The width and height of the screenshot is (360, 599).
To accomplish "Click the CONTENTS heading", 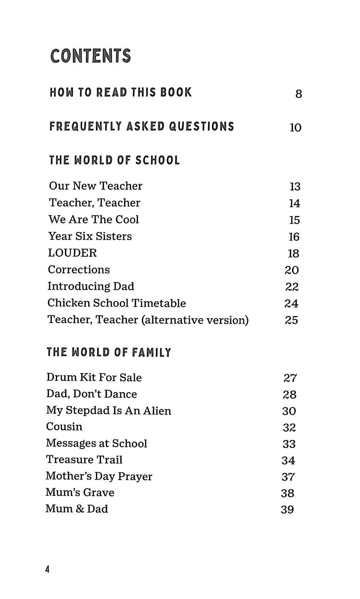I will pos(91,56).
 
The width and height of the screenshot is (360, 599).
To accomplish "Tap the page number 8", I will pos(299,94).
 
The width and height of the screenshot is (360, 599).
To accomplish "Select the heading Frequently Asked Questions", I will pos(141,126).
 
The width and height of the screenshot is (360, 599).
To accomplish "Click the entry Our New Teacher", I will pos(96,186).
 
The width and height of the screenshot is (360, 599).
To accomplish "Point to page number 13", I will pos(295,187).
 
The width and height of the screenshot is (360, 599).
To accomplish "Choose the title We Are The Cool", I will pos(94,219).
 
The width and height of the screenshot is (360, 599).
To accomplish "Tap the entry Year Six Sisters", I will pos(90,236).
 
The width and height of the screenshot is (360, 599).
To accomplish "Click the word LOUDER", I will pos(72,253).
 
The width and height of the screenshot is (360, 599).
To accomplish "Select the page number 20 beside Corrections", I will pos(292,270).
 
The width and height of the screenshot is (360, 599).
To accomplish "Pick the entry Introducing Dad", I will pos(91,286).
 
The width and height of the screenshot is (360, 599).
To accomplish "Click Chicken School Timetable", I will pos(116,303).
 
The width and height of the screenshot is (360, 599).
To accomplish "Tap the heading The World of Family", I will pos(109,352).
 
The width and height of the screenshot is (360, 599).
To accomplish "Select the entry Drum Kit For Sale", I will pos(94,377).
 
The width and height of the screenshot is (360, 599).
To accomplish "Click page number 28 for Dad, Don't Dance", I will pos(289,395).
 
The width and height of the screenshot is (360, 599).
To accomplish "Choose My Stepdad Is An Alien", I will pos(109,411).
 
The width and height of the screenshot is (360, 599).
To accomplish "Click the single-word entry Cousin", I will pos(64,427).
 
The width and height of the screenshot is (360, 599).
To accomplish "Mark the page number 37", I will pos(288,477).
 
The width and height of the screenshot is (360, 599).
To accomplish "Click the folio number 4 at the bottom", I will pos(47,569).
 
